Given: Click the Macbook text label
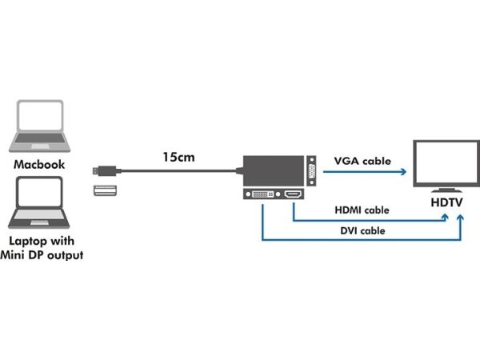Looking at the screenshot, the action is point(39,165).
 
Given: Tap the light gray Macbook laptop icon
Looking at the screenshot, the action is point(39,126).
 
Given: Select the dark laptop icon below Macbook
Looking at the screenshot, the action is point(39,202).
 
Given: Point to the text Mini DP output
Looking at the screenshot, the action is point(42,255).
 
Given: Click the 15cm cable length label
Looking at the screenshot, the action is point(178,158).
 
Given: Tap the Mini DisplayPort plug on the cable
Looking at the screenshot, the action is point(104,171).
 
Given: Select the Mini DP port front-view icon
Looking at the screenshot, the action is point(105,190).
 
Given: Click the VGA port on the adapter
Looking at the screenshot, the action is point(312,171).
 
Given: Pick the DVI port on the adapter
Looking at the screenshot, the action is point(263,194).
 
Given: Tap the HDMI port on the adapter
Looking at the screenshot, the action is point(293,194).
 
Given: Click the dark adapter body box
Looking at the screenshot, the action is point(274,170).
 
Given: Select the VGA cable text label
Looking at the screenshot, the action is point(362,161).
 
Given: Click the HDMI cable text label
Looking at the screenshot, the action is point(362,210).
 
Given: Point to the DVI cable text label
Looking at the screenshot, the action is point(362,230).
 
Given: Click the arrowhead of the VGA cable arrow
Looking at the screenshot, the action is point(404,172).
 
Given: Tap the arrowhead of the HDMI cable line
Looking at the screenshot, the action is point(445,217).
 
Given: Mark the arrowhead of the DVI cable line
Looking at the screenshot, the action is point(461,218).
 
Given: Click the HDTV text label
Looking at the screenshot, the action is point(446,202).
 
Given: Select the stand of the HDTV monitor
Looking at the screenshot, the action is point(446,190).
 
